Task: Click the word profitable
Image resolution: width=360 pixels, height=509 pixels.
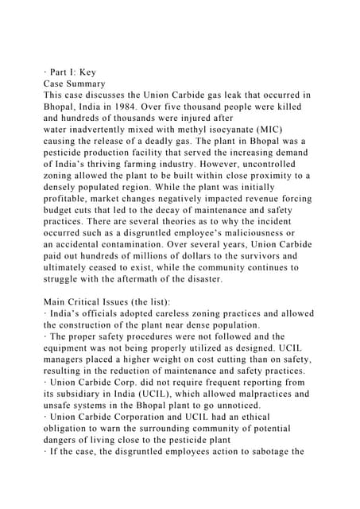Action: pyautogui.click(x=71, y=198)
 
